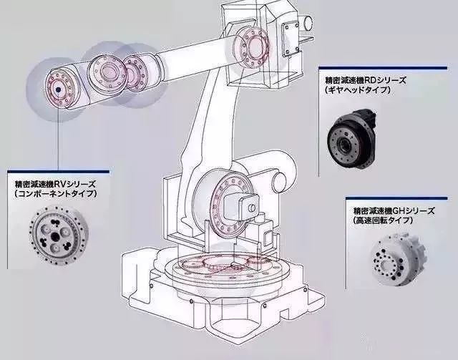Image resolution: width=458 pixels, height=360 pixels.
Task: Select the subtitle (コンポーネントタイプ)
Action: [54, 194]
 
